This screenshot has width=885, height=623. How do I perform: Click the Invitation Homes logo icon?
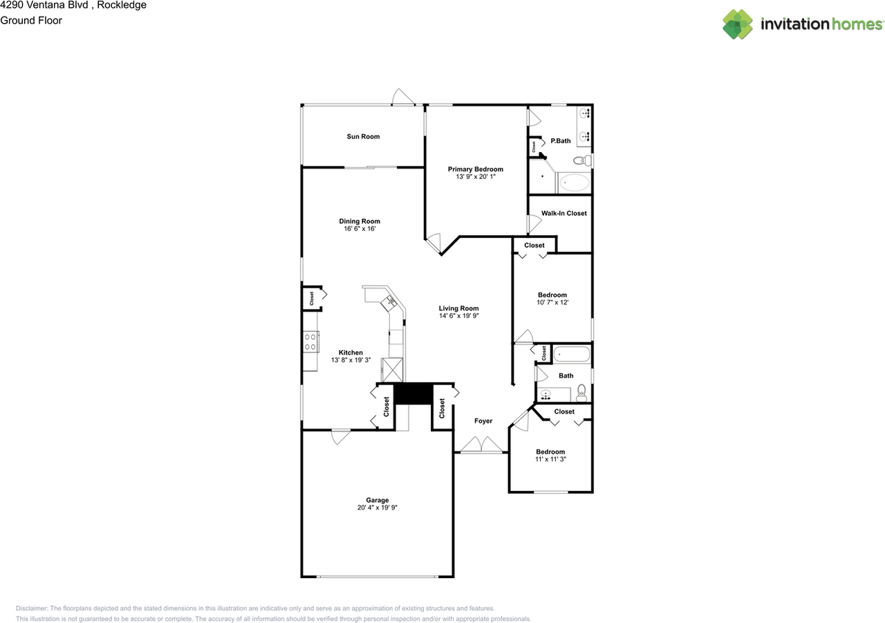pos(738,24)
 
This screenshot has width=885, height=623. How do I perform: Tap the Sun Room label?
pos(363,137)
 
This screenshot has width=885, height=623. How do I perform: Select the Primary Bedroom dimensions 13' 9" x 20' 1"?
pos(475,177)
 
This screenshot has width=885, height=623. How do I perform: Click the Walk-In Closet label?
pos(563,214)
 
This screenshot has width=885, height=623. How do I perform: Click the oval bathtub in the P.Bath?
pos(573,183)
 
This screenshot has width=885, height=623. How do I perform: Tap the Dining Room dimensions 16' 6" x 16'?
pos(360,229)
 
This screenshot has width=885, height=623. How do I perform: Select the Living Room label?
pos(458,309)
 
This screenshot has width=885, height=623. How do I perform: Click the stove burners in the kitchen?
pos(310,342)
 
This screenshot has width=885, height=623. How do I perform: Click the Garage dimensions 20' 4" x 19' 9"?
pos(377,508)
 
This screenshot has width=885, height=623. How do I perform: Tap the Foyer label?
pos(483,421)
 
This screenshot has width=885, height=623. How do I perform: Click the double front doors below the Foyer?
pos(482,445)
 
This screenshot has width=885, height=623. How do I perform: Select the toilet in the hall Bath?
pos(581,393)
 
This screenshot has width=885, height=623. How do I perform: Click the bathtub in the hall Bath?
pos(572,355)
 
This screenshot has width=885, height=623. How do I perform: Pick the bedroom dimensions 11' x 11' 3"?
pos(550,460)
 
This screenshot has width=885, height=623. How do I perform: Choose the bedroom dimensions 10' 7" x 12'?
pos(552,303)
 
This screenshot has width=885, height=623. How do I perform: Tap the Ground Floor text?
pos(31,21)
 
